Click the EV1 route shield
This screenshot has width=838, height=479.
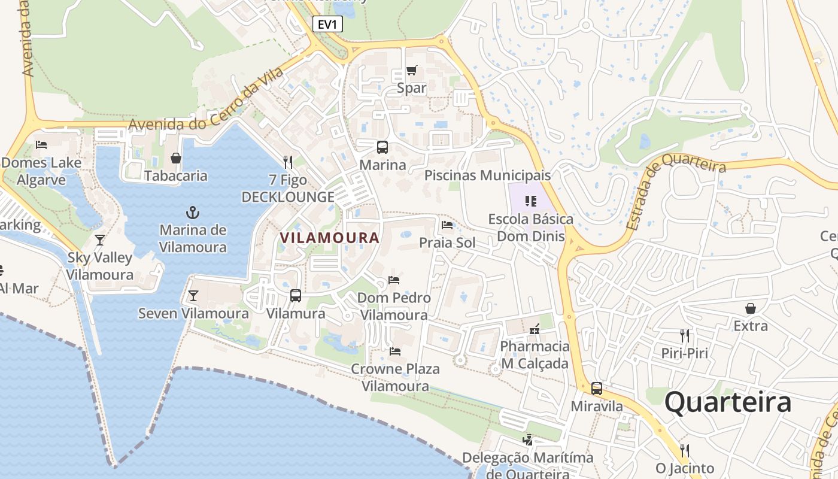coord(327,24)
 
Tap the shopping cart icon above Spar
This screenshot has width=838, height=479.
coord(411,71)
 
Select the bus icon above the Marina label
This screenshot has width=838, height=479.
coord(382,147)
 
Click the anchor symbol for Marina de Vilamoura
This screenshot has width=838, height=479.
coord(193,212)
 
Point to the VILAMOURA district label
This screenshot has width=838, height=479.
coord(330,238)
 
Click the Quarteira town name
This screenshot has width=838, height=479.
coord(728,402)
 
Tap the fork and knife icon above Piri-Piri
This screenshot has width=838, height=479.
coord(685,335)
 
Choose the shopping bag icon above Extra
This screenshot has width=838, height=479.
coord(750,308)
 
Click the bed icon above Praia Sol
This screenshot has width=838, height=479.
coord(447,225)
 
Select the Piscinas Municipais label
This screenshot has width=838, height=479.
coord(487,175)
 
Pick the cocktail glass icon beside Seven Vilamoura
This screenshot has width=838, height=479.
coord(193,295)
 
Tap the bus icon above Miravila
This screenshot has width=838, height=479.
coord(596,388)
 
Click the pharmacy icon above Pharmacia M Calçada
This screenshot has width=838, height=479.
coord(535,329)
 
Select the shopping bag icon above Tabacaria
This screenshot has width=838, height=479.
coord(176,158)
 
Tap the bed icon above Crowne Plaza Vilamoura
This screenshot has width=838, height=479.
coord(394,351)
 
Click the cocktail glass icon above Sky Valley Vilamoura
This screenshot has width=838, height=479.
coord(100,240)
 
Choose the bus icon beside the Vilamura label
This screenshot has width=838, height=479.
coord(296,295)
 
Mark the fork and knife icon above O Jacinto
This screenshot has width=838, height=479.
coord(685,450)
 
